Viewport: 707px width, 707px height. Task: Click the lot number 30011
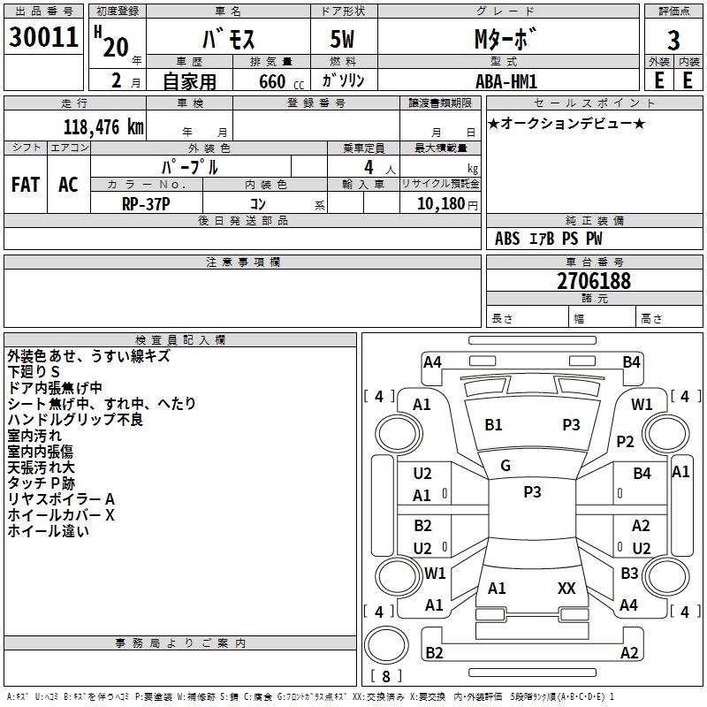(43, 37)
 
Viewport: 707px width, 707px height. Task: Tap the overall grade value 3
(673, 41)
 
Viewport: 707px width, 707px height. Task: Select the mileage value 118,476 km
(103, 126)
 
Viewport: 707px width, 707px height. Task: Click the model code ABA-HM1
(506, 81)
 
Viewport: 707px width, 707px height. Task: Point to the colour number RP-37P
(146, 204)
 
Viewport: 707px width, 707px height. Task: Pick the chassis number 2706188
(594, 281)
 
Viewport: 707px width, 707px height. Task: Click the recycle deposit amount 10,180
(440, 204)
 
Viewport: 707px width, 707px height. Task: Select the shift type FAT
(26, 185)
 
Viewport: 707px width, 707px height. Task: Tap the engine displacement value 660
(272, 81)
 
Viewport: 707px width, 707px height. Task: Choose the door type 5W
(342, 39)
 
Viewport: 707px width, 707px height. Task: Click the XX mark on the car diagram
(566, 589)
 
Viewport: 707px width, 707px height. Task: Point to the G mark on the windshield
(506, 466)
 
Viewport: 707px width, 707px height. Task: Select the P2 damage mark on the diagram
(625, 441)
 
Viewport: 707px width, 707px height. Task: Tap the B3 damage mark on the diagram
(629, 573)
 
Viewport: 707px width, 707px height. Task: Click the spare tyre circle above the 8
(386, 644)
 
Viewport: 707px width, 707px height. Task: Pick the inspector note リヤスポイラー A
(61, 499)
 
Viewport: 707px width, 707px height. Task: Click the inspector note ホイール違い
(48, 531)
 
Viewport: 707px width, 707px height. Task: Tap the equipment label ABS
(507, 239)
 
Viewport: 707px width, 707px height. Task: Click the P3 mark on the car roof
(532, 492)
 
